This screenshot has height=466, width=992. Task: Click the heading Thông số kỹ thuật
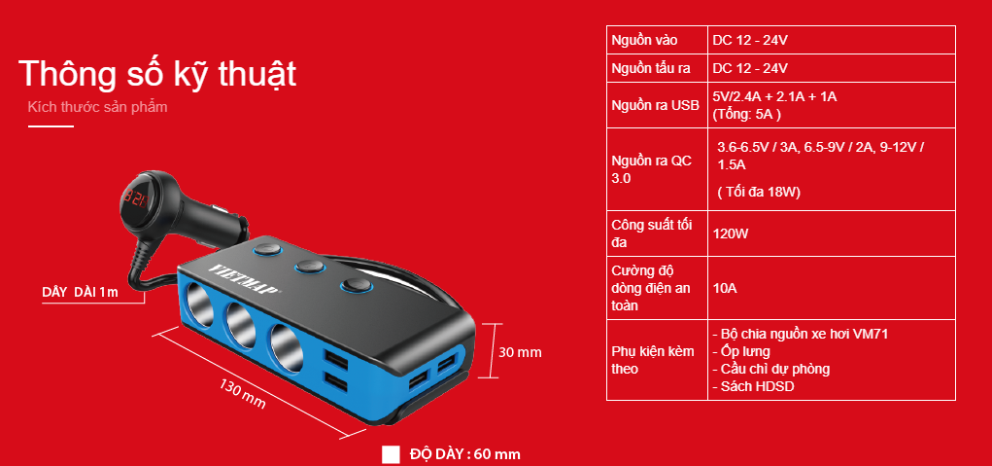click(x=157, y=75)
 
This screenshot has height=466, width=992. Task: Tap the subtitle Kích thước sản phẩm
click(x=97, y=106)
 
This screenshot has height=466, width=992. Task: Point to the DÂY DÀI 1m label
click(x=80, y=292)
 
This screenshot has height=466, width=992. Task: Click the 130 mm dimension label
click(x=243, y=393)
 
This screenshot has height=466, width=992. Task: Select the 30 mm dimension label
click(x=520, y=353)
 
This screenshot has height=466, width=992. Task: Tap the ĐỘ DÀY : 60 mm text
click(x=465, y=454)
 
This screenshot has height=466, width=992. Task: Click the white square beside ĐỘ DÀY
click(x=391, y=454)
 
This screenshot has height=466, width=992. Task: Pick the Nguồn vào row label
click(x=644, y=41)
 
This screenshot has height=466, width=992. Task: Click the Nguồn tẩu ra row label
click(x=650, y=68)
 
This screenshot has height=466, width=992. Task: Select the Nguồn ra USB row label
click(x=656, y=106)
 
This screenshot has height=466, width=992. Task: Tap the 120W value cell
click(x=731, y=233)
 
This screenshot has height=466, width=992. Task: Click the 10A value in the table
click(x=725, y=288)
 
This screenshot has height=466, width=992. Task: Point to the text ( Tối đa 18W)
click(x=759, y=192)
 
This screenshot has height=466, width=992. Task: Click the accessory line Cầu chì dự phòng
click(x=771, y=369)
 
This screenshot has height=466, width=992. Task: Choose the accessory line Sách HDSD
click(x=754, y=386)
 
